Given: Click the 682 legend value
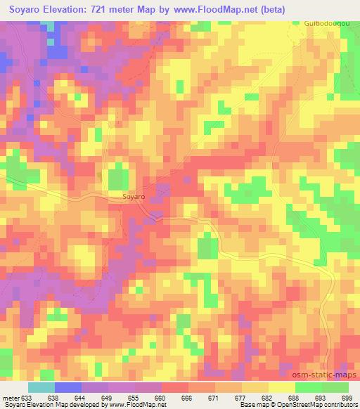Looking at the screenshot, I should point(269,397).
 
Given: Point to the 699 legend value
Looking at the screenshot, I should point(348,397).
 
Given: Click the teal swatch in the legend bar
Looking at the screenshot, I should point(41,387).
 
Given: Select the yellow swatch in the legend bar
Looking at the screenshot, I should point(282,387).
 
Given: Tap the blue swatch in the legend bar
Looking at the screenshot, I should point(68,387).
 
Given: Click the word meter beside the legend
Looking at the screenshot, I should point(11,397).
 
